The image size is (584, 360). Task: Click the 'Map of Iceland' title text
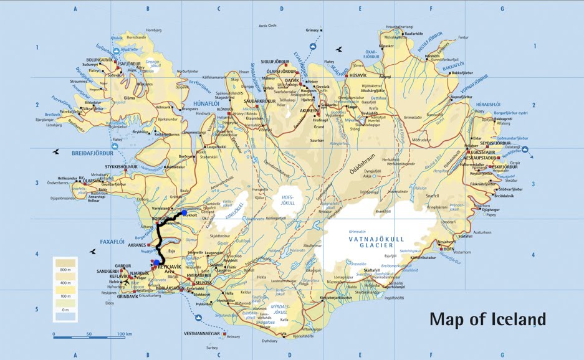[x=487, y=320]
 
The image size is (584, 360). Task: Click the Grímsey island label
[x=312, y=30]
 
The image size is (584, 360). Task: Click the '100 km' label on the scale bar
[x=124, y=334]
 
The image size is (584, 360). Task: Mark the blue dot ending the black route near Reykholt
[x=184, y=213]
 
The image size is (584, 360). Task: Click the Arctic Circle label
[x=269, y=26]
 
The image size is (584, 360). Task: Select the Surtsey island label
[x=213, y=348]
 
